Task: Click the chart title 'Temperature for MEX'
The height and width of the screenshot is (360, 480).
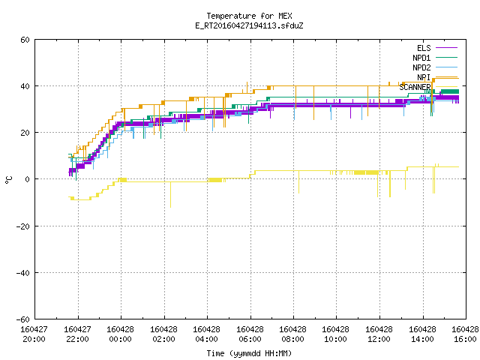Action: click(249, 16)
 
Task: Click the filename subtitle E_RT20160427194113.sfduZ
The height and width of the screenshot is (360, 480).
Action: click(249, 25)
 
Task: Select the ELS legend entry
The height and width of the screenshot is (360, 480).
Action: click(436, 48)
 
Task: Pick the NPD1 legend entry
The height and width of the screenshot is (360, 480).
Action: click(435, 58)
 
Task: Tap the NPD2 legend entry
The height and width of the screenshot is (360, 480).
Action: click(435, 67)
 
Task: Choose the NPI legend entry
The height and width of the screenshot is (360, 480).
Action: click(436, 77)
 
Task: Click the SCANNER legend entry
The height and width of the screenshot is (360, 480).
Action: click(428, 87)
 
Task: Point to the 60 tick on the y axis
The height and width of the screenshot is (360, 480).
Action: click(25, 40)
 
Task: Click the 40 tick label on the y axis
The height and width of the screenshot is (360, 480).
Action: click(25, 86)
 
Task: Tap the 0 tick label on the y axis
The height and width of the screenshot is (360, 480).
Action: click(28, 179)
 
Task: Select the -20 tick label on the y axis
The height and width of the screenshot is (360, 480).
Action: click(23, 226)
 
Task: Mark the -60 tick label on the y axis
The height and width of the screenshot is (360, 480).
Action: click(23, 319)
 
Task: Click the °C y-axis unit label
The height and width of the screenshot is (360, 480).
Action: click(9, 180)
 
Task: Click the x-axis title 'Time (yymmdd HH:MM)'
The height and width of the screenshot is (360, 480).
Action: click(249, 353)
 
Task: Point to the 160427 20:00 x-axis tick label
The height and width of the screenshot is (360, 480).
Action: click(34, 334)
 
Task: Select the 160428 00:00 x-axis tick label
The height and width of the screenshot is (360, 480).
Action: click(120, 334)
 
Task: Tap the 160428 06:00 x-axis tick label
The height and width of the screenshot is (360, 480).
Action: click(250, 334)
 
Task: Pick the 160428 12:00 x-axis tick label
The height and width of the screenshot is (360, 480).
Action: click(379, 334)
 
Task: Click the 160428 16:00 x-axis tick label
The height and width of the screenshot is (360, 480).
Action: click(465, 334)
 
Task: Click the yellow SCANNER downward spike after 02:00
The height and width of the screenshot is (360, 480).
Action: click(170, 195)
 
